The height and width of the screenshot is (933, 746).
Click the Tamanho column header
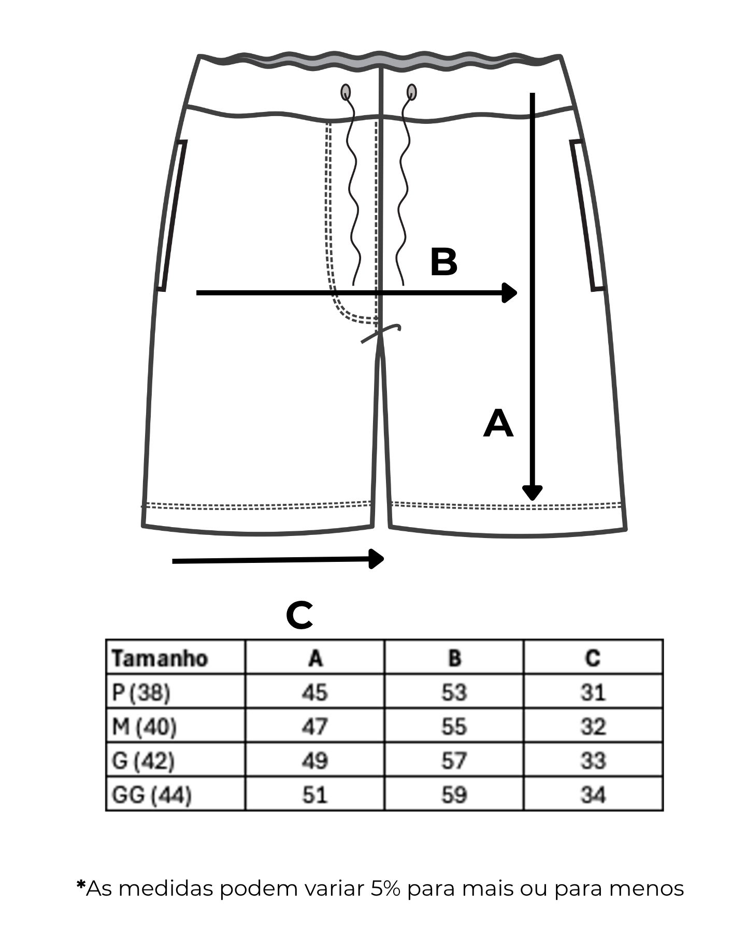point(160,658)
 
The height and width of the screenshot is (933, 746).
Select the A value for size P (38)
point(315,692)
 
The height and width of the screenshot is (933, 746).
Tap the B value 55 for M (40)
point(454,726)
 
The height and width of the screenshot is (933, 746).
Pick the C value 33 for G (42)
point(593,760)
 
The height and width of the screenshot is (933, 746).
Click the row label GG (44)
point(151,795)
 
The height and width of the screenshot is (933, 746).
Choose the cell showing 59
point(454,795)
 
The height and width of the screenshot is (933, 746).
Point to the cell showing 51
point(315,795)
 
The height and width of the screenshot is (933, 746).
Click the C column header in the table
point(593,658)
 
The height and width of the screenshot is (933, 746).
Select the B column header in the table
point(454,658)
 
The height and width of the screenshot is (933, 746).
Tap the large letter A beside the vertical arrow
point(498,424)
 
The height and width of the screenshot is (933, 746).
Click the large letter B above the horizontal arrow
point(443,262)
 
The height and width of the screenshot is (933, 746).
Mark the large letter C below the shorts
point(299,615)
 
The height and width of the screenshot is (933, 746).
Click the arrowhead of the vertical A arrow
point(532,492)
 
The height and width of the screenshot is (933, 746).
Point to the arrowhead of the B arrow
point(510,293)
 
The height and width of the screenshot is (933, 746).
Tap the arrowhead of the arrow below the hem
point(377,559)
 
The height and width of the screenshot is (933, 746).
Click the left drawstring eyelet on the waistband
point(346,92)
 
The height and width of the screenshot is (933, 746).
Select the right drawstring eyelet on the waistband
point(412,92)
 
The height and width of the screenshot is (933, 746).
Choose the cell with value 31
point(593,692)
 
